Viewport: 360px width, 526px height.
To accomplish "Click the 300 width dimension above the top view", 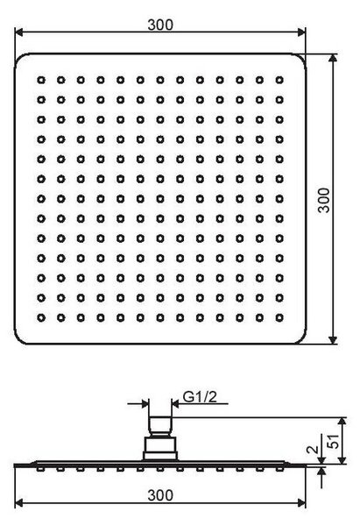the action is (x=160, y=25).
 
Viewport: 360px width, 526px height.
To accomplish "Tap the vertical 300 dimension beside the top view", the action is (x=324, y=200).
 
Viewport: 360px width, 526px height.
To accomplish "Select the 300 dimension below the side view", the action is (x=160, y=495).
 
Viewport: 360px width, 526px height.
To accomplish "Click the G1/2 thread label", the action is (x=200, y=397).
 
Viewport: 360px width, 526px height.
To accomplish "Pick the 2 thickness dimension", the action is (x=313, y=450).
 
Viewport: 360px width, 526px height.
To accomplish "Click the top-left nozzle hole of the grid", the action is (x=41, y=80).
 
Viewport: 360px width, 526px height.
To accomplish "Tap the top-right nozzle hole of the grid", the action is (x=279, y=80).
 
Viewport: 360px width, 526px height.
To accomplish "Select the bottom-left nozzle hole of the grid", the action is (x=41, y=317).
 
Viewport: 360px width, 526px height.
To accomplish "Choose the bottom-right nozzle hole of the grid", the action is (x=279, y=317).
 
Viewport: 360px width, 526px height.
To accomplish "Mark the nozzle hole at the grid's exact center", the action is (x=160, y=199).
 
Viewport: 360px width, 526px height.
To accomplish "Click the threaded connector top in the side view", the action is (x=160, y=426).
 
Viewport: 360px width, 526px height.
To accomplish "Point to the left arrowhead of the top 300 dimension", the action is (x=18, y=32).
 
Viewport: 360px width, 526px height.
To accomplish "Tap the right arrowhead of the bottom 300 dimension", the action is (x=301, y=503).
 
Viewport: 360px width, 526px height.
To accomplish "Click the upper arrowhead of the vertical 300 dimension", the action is (x=333, y=58).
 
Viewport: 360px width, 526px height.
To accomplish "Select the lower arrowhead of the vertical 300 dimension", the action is (x=333, y=340).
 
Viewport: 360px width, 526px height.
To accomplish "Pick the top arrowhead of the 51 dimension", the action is (x=342, y=422).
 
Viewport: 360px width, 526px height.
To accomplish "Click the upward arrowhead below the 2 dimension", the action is (x=321, y=472).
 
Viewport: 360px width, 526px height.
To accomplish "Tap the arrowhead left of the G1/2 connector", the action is (x=145, y=403).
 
